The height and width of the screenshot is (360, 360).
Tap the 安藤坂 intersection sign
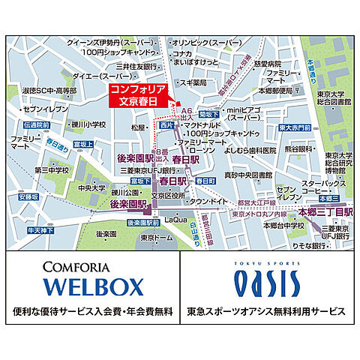[28, 198]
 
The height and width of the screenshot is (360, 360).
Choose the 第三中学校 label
[50, 169]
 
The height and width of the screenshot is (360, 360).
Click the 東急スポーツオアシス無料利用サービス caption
[270, 310]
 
